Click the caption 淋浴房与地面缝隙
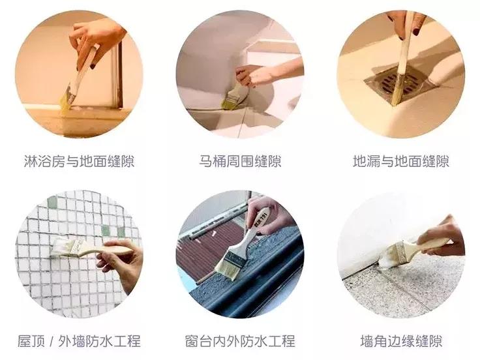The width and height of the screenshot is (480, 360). point(79,161)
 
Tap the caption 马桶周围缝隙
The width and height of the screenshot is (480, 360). point(240,161)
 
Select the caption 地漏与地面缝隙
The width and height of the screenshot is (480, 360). point(400,161)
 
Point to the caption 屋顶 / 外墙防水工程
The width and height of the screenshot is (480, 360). point(79,340)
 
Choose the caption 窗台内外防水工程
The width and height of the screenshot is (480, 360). point(240,340)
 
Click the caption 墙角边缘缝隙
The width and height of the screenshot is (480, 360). point(401,340)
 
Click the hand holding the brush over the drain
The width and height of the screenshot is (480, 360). point(405,22)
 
